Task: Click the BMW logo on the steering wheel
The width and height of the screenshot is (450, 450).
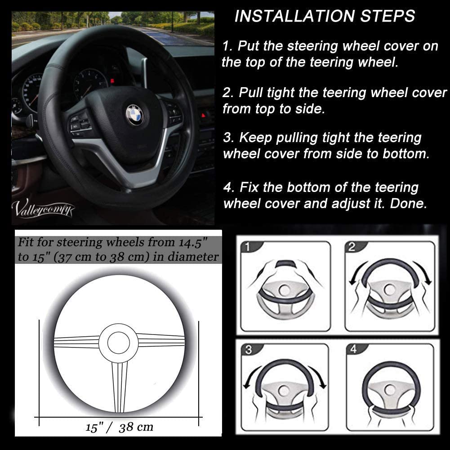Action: coord(134,114)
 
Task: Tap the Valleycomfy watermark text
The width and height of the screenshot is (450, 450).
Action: coord(44,208)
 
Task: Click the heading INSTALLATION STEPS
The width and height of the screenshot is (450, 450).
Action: coord(325,17)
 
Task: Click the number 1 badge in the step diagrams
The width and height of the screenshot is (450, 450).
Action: coord(247,247)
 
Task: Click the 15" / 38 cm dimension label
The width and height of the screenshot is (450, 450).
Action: coord(119,427)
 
